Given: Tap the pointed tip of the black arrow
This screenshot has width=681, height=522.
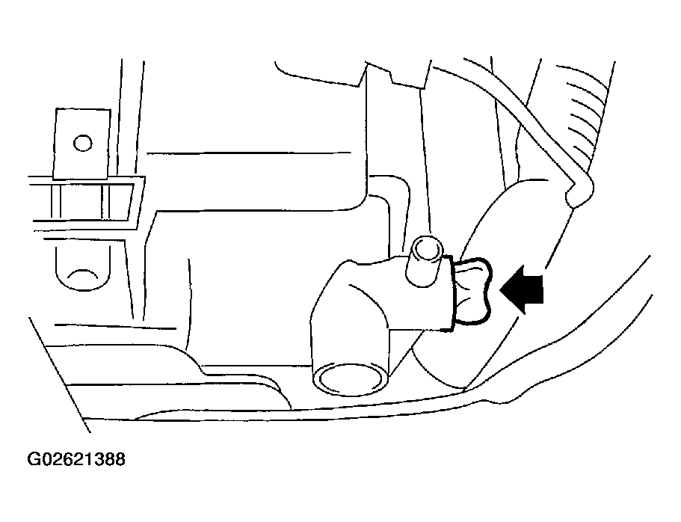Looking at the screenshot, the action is (500, 289).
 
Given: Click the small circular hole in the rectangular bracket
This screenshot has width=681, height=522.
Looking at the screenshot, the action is (82, 143).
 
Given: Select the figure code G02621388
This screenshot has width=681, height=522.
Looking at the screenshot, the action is (76, 459).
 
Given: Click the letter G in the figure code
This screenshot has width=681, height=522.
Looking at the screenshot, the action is (34, 459).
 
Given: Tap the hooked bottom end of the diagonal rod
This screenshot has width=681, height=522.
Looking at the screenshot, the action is (579, 192).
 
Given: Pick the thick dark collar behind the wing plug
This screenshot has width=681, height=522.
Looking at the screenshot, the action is (451, 295).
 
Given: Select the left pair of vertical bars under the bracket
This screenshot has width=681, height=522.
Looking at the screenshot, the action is (57, 201).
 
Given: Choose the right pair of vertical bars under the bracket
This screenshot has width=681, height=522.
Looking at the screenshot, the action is (105, 201).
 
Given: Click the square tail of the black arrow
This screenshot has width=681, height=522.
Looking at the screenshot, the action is (535, 289).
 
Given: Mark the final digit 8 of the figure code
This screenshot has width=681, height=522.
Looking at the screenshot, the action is (120, 459).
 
